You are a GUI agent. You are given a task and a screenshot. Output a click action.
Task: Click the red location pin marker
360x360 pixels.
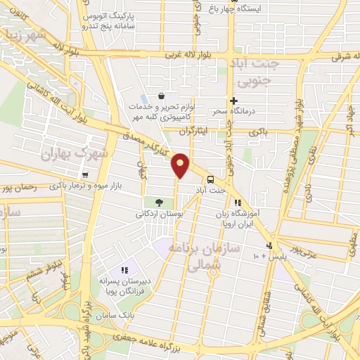click(x=181, y=164)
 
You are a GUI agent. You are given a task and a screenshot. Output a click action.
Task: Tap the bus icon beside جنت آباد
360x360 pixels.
click(x=210, y=179)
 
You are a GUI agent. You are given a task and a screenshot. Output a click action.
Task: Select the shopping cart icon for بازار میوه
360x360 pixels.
click(x=85, y=175)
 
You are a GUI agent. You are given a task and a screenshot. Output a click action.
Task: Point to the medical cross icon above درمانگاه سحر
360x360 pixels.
click(x=234, y=101)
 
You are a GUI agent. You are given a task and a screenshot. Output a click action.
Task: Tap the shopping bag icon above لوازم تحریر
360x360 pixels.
click(x=162, y=96)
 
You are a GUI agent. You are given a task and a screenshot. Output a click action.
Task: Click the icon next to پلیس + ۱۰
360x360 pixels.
click(x=269, y=245)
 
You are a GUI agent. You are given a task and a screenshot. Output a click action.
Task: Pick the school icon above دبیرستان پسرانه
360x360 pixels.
click(x=124, y=270)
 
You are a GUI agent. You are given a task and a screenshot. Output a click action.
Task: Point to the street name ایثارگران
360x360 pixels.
click(x=175, y=131)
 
